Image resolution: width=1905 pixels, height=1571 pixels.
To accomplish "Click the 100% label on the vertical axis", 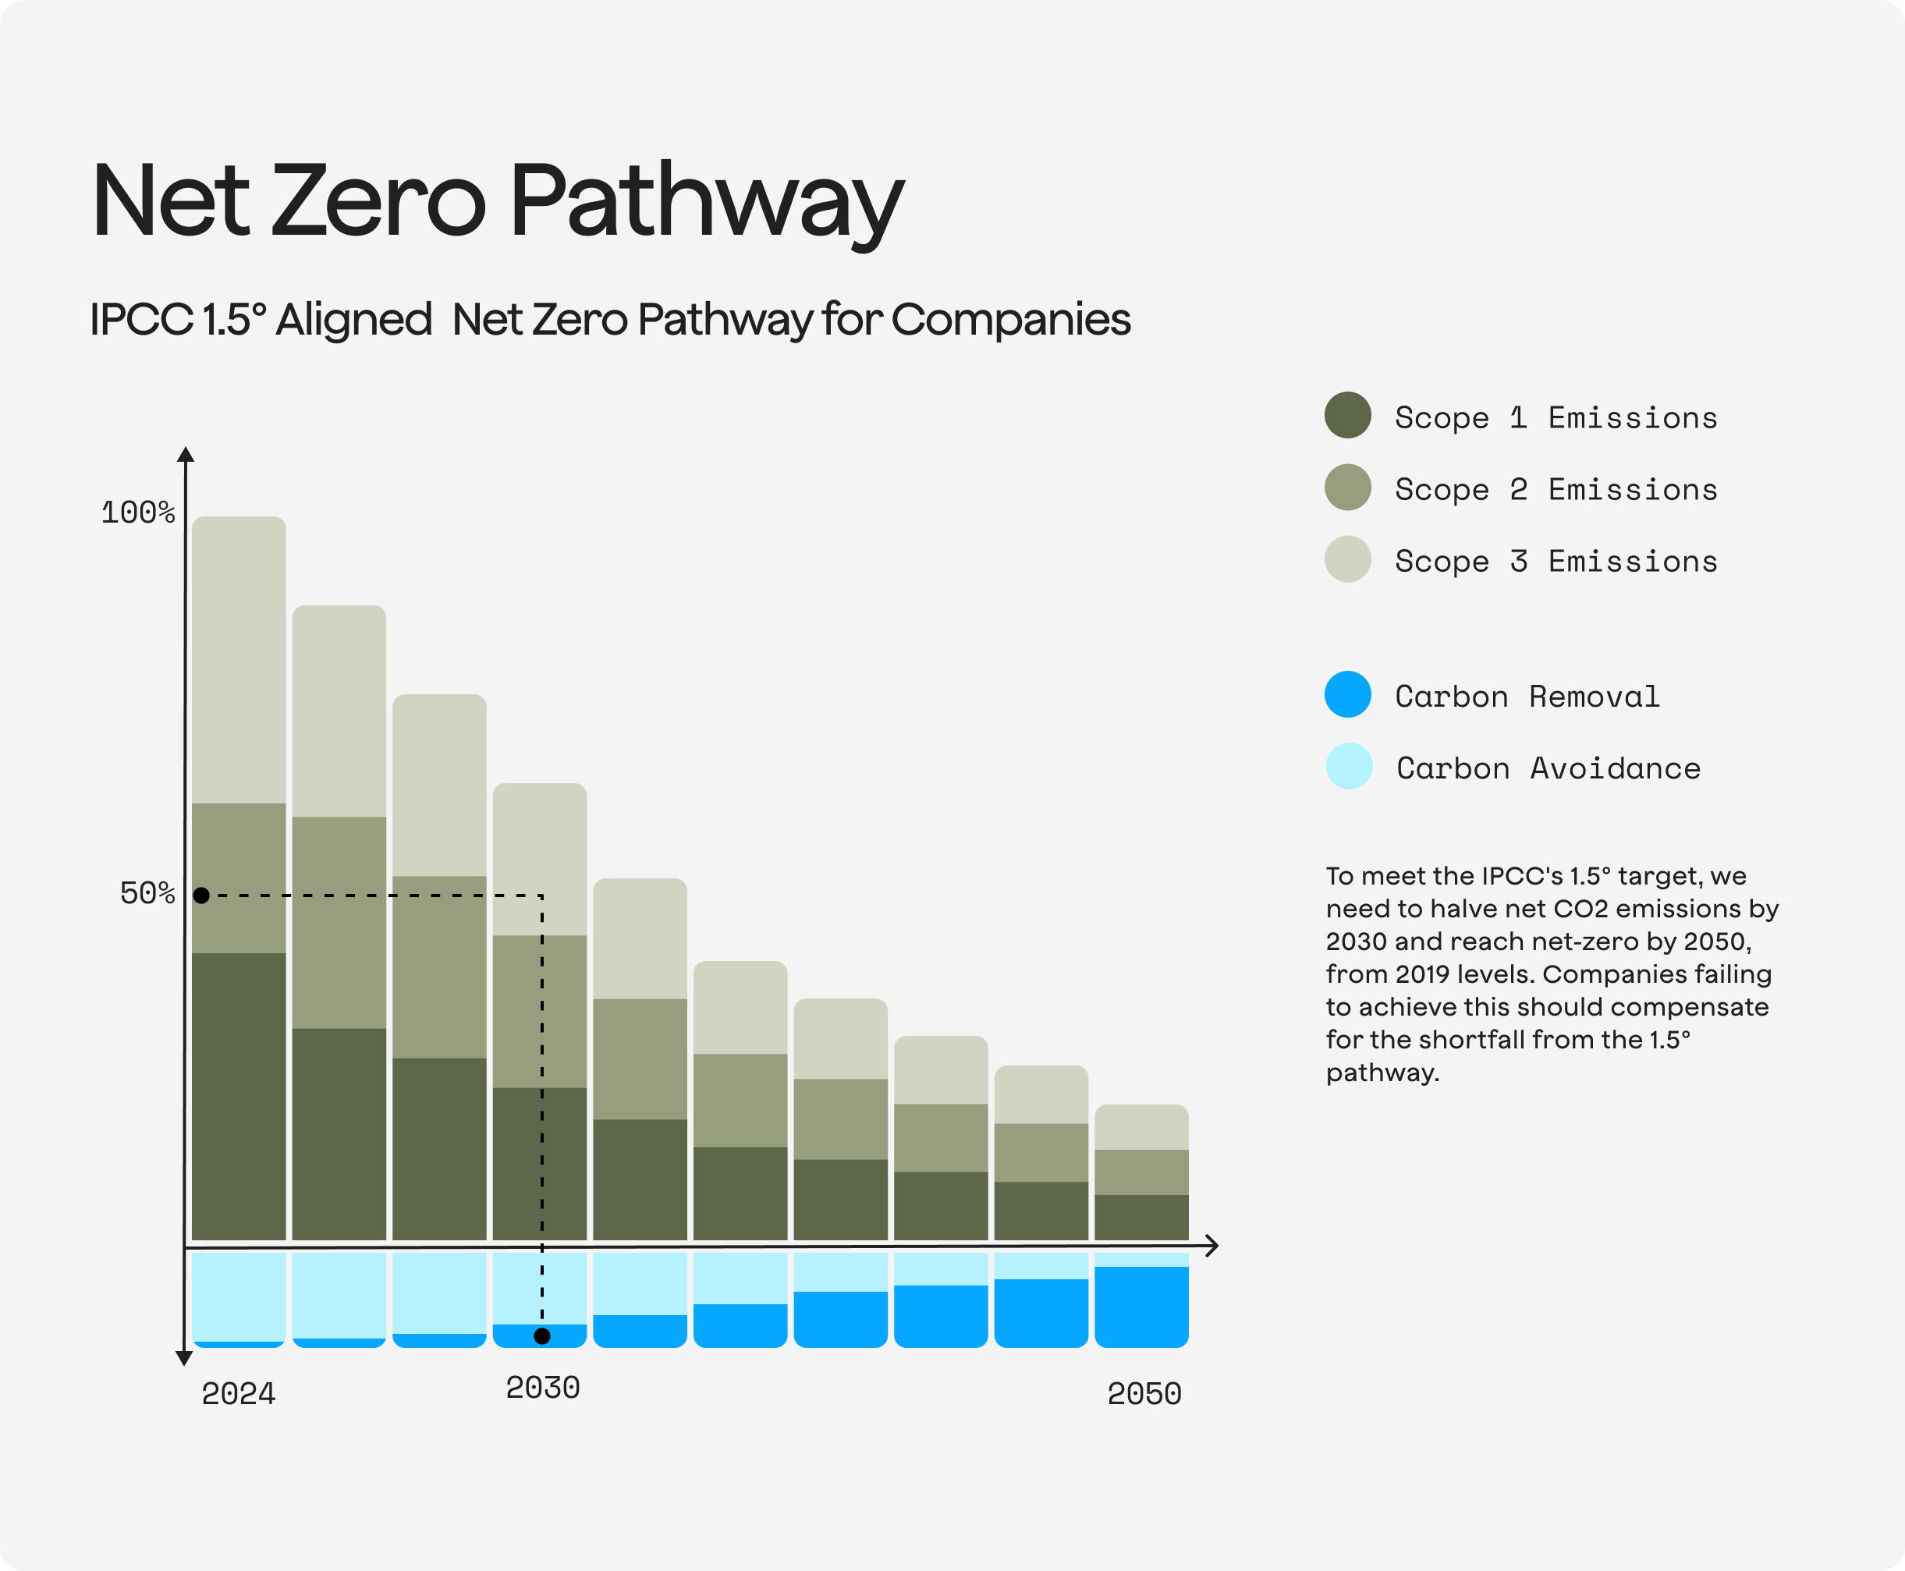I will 137,513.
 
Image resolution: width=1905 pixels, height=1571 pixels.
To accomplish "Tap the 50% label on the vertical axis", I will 147,894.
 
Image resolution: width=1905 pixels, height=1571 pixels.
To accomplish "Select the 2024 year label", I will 238,1395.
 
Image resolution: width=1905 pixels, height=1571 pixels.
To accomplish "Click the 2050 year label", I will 1144,1395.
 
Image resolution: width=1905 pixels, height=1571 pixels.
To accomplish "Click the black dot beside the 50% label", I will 202,895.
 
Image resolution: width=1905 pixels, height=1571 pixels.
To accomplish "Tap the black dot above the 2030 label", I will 542,1335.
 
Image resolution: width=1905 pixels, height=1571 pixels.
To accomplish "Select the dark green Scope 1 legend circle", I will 1347,416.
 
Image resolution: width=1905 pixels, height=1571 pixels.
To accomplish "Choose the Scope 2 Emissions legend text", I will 1556,490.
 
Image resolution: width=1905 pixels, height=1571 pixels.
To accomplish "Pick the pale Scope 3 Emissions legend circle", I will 1347,559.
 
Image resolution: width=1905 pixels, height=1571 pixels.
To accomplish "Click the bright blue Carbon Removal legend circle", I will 1347,694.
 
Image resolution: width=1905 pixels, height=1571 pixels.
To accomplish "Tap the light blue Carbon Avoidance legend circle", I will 1349,767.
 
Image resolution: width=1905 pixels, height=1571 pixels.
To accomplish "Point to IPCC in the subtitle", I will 140,320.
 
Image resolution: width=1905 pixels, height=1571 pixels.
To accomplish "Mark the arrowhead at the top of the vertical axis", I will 186,453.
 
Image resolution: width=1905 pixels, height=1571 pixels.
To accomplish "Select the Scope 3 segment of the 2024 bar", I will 239,661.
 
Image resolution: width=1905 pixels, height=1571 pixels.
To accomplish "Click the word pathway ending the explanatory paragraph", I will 1381,1073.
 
